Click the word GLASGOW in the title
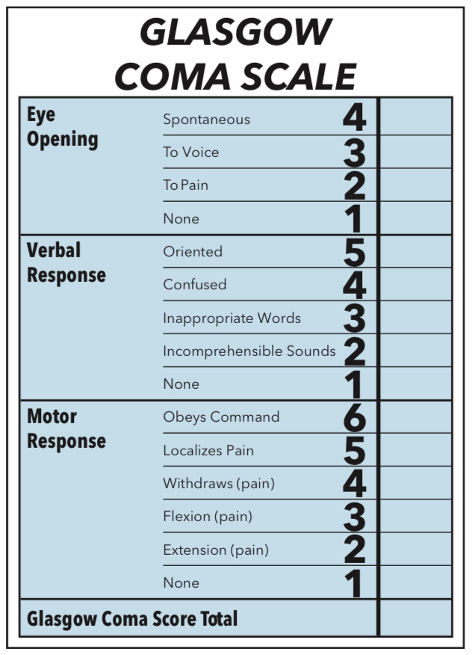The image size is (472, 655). (x=235, y=33)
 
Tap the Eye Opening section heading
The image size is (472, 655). (x=63, y=127)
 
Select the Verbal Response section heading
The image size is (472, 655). (x=66, y=262)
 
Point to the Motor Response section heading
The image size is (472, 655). (x=66, y=428)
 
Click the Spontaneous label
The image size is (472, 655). (x=206, y=120)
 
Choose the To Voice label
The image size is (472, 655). (x=191, y=153)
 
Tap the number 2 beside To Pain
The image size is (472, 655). (x=354, y=185)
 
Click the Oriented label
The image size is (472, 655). (x=193, y=252)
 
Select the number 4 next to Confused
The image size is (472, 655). (x=354, y=285)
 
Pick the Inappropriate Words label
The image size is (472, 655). (x=232, y=319)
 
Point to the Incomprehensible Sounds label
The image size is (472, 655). (x=249, y=351)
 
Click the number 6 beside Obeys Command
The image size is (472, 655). (x=354, y=417)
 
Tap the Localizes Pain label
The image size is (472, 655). (x=208, y=451)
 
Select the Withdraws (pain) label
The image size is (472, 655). (x=219, y=484)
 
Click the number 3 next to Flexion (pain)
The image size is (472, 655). (x=354, y=517)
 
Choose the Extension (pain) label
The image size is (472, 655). (x=216, y=550)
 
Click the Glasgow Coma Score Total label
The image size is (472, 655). (x=132, y=619)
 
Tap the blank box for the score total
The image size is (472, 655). (x=416, y=618)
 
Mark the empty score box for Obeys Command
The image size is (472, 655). (x=416, y=417)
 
